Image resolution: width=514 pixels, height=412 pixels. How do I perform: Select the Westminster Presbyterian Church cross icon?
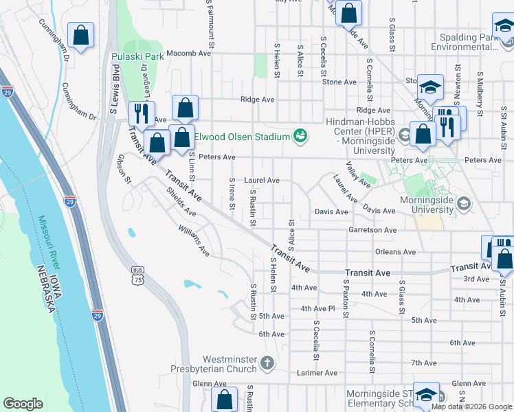click(x=267, y=361)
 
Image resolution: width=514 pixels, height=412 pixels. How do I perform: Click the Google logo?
click(x=23, y=404)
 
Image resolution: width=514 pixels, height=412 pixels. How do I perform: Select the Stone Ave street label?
click(x=339, y=82)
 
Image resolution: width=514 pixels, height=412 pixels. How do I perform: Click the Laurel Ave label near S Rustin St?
click(x=263, y=181)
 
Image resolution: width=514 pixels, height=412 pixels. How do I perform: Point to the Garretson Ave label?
click(x=372, y=230)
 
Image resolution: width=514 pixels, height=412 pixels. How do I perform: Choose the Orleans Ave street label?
click(x=396, y=252)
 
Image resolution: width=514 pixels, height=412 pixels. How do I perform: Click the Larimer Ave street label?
click(x=317, y=373)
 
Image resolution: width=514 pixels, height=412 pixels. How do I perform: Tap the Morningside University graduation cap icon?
click(x=464, y=204)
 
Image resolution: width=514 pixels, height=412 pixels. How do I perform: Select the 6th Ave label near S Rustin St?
click(x=271, y=334)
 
